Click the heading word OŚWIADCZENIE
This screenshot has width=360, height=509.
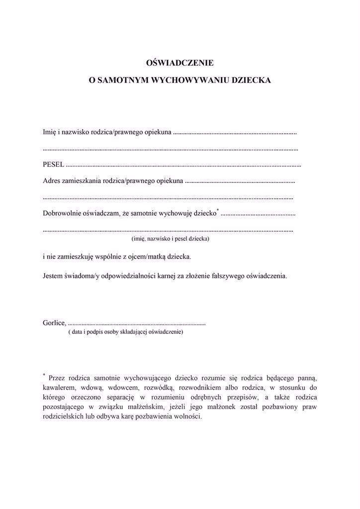coord(180,63)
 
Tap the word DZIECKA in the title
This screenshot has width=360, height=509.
coord(251,80)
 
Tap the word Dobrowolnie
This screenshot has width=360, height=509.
coord(63,214)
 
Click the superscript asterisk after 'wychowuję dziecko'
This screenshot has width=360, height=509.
coord(218,211)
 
